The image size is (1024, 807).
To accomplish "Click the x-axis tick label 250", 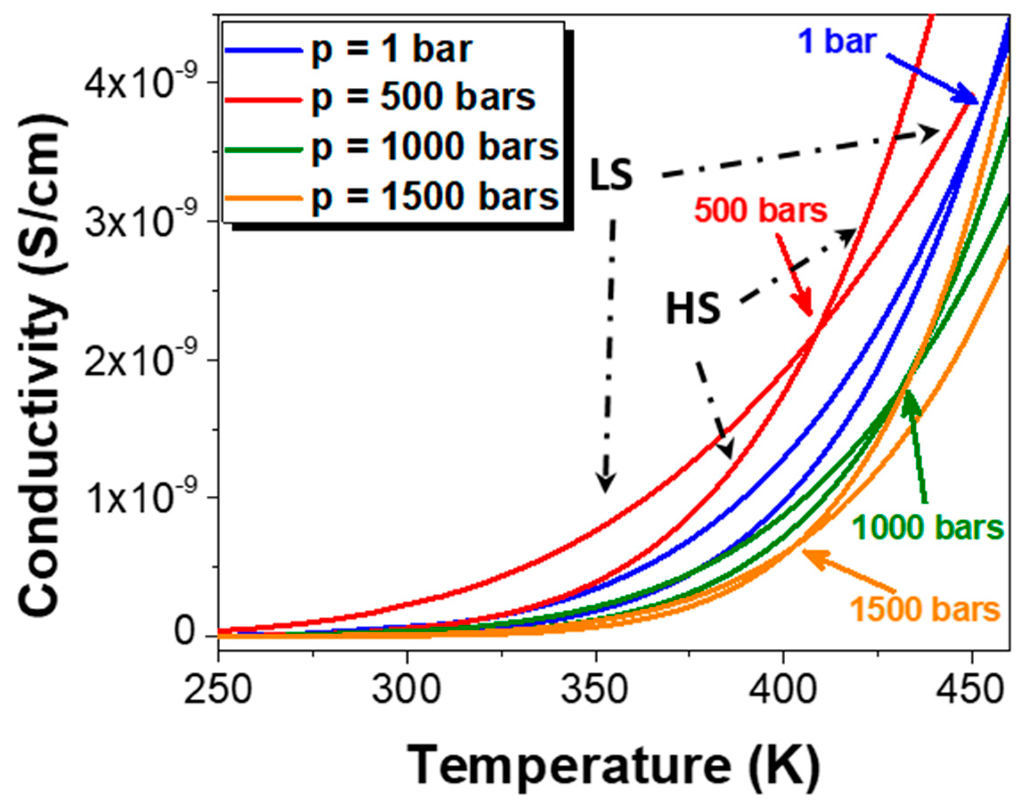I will [218, 690].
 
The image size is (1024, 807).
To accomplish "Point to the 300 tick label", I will [407, 690].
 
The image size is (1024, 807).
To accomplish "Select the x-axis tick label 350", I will [596, 690].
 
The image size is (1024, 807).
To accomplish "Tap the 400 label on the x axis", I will [783, 690].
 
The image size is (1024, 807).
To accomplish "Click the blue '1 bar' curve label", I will [837, 42].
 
